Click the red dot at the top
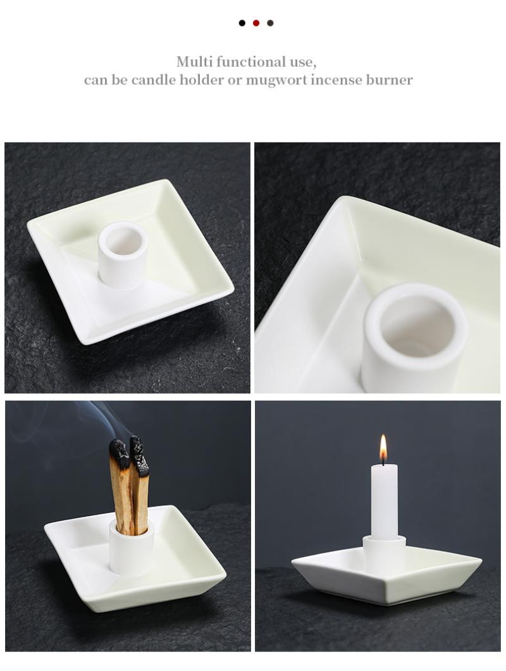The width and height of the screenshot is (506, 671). pyautogui.click(x=256, y=23)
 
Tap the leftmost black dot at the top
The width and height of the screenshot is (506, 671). pyautogui.click(x=242, y=23)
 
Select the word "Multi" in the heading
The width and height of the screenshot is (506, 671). pyautogui.click(x=195, y=62)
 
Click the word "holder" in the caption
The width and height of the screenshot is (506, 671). pyautogui.click(x=201, y=80)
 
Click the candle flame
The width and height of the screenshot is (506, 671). pyautogui.click(x=383, y=449)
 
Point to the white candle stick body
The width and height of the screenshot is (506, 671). pyautogui.click(x=384, y=501)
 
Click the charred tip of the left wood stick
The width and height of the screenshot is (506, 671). pyautogui.click(x=120, y=453)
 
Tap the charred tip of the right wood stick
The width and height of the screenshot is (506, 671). pyautogui.click(x=139, y=455)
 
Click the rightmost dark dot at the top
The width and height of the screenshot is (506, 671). pyautogui.click(x=270, y=23)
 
